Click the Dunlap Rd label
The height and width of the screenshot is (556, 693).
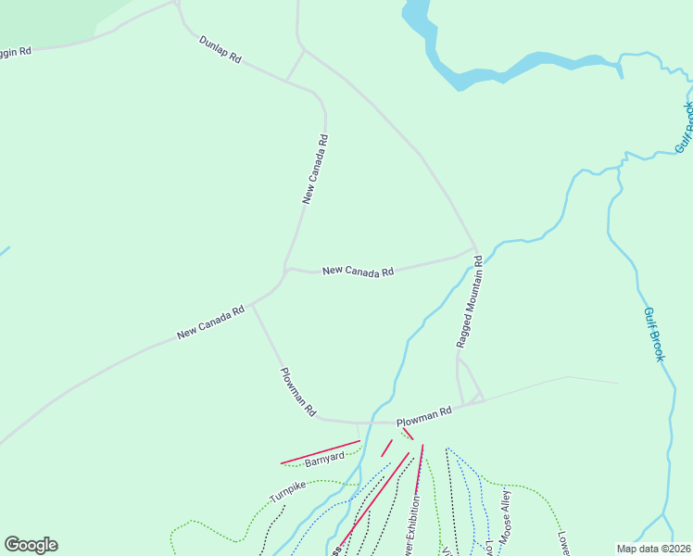coord(220,50)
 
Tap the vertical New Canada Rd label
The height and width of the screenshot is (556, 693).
coord(315,169)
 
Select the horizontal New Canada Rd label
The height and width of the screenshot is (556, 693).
coord(358,272)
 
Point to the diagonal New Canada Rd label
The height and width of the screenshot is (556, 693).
coord(210,322)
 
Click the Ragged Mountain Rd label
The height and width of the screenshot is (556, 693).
coord(469,302)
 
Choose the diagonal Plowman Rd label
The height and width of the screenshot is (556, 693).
coord(298,391)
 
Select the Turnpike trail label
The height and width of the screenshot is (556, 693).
coord(287,491)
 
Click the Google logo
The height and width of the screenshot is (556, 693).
coord(31,545)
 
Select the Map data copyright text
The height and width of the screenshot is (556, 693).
coord(653,549)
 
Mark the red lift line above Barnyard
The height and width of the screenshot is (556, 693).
coord(320,451)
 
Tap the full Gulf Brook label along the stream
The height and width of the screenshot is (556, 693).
coord(655,335)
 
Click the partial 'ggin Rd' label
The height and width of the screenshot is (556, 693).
coord(16,52)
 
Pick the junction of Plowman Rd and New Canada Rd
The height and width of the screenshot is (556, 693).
coord(252,305)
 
